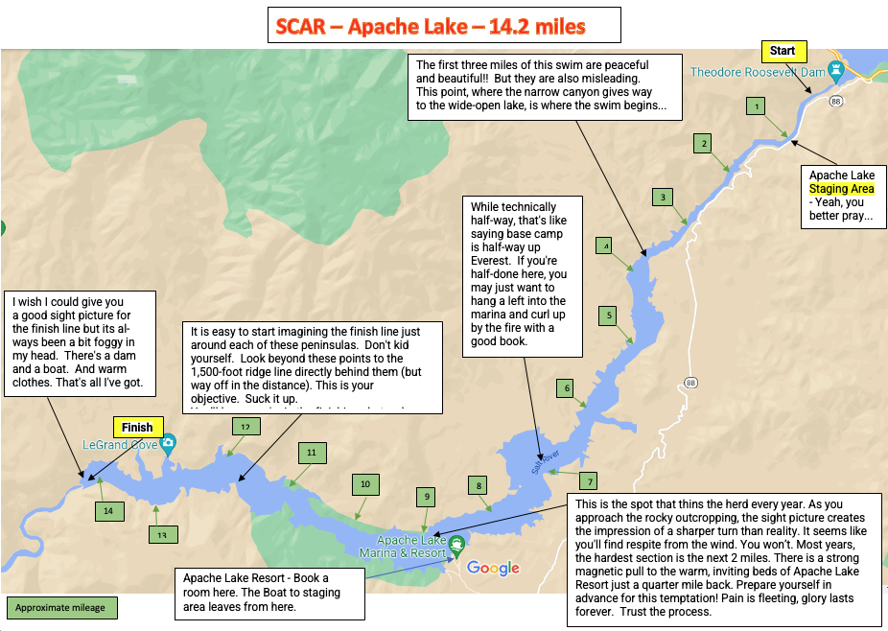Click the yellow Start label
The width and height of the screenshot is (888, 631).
point(783,50)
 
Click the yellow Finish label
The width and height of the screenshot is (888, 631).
point(137,427)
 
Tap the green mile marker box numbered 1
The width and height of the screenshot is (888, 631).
point(758,106)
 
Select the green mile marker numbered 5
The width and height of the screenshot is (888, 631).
point(609,315)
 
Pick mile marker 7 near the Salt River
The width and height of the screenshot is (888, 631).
point(591,481)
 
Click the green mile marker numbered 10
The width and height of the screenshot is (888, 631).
point(364,485)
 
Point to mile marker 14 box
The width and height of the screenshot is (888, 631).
point(108,511)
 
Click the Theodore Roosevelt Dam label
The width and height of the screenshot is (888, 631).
point(758,72)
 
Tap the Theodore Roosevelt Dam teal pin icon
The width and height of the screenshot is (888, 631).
point(837,71)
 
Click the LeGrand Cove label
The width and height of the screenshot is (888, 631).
point(119,443)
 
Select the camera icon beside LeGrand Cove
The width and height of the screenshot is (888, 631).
point(169,442)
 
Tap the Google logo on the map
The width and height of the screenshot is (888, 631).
point(493,568)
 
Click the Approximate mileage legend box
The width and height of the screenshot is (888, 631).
point(62,607)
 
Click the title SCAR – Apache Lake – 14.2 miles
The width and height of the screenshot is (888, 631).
point(443,25)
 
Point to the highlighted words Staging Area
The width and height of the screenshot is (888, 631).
point(841,190)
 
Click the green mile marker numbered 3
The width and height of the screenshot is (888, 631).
point(662,198)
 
